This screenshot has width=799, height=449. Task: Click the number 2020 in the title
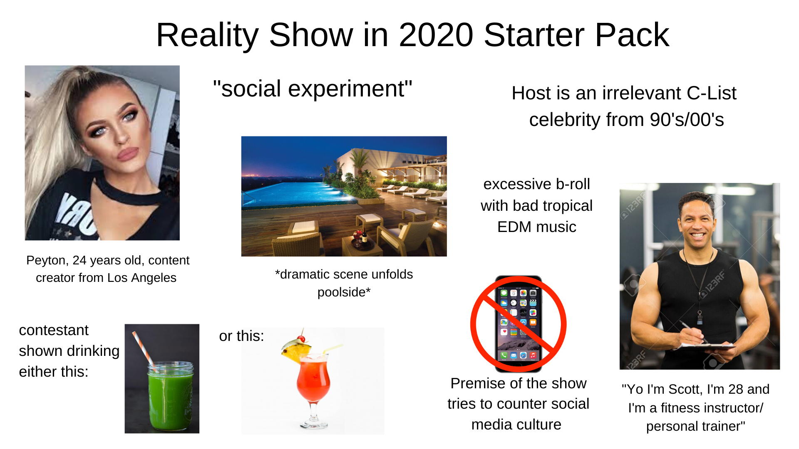tap(436, 35)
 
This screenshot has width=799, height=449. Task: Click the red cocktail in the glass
tap(313, 380)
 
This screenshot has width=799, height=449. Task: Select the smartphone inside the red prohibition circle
tap(518, 323)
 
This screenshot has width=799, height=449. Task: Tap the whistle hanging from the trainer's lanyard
tap(700, 318)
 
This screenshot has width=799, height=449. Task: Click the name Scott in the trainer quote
tap(683, 390)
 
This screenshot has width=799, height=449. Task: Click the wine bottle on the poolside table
tap(365, 235)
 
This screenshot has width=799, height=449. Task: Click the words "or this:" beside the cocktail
tap(241, 336)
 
